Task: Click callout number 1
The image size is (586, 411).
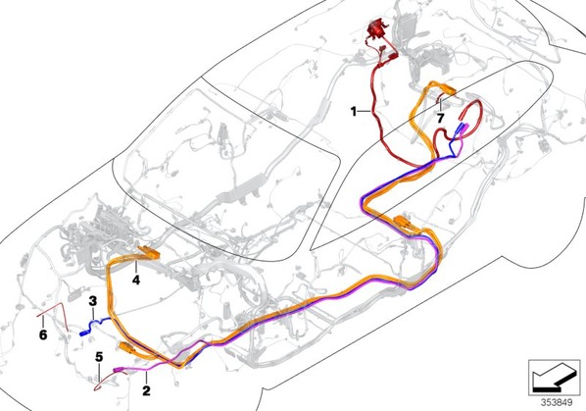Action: tap(354, 111)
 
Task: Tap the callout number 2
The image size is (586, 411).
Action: tap(146, 390)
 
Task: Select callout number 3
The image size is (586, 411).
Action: tap(93, 301)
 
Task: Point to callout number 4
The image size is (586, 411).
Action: tap(136, 280)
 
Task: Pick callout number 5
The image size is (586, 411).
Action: tap(99, 357)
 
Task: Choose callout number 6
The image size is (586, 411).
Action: tap(43, 334)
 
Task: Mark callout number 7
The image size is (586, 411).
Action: tap(440, 118)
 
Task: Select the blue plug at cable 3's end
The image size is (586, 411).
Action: tap(84, 334)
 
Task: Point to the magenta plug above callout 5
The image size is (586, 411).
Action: tap(119, 370)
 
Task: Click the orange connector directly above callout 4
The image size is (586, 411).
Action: tap(150, 252)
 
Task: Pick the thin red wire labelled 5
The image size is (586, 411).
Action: tap(108, 381)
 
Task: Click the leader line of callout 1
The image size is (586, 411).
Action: tap(364, 111)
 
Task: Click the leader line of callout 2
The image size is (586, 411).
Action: tap(147, 378)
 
